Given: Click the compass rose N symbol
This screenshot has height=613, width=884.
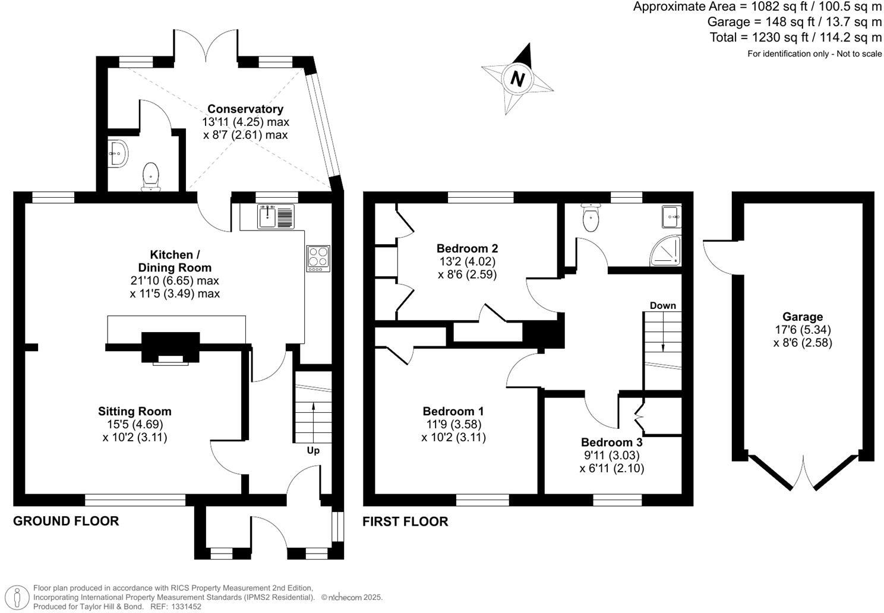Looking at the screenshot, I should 518,78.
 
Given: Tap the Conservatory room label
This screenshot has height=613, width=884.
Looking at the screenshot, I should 245,109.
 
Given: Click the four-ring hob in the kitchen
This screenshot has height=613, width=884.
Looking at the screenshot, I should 318,258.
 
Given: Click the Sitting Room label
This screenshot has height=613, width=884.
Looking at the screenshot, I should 135,411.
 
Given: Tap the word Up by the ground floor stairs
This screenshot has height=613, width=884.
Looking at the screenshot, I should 313,450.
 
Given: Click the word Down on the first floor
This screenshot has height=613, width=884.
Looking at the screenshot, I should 662,305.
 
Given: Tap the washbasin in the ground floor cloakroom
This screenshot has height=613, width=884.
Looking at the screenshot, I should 118,153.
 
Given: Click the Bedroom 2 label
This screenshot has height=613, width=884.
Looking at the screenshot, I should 467,248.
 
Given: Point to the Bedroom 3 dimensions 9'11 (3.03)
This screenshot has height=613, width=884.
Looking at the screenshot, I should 611,456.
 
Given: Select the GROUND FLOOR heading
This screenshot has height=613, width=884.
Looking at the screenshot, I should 66,521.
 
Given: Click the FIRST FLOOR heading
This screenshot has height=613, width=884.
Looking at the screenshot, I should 405,522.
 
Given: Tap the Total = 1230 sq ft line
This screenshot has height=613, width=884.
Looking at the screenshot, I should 795,37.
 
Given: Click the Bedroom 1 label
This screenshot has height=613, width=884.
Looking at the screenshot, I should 453,411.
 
